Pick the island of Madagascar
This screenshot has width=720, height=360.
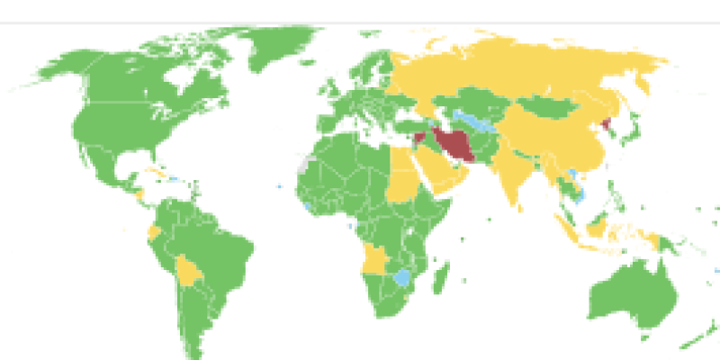pyautogui.click(x=440, y=278)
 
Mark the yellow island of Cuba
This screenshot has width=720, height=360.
pyautogui.click(x=157, y=170)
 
